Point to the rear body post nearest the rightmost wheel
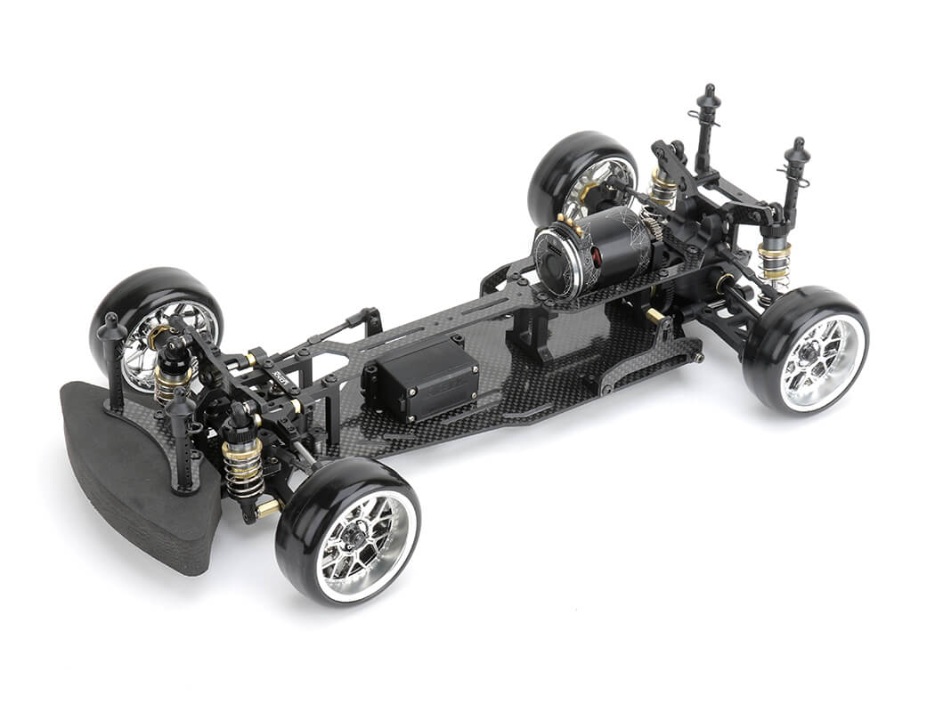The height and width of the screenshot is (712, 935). click(795, 178)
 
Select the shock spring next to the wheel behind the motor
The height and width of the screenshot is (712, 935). click(663, 189)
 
